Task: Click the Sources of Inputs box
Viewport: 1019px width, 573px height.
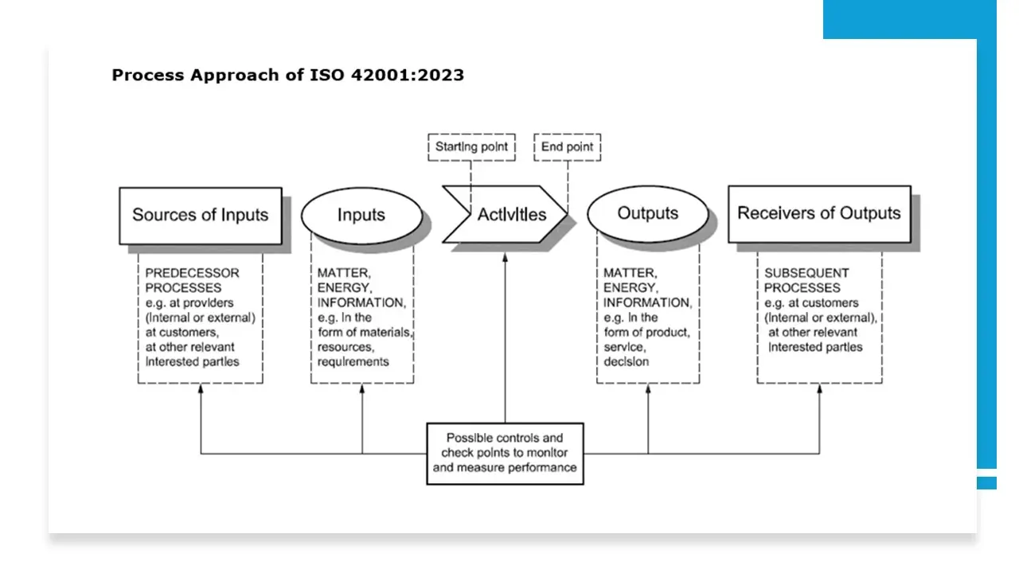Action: [201, 216]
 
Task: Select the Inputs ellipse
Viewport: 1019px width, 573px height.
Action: [361, 216]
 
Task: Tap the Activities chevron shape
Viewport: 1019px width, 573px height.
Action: [505, 214]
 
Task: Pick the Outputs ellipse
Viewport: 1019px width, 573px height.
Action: [648, 214]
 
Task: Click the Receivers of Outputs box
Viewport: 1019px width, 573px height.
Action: [819, 214]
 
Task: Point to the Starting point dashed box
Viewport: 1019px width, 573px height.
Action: [472, 147]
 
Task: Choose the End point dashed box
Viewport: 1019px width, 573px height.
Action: [568, 147]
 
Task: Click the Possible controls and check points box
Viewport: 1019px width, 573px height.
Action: [505, 454]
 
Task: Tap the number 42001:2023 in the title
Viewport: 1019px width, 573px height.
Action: [407, 75]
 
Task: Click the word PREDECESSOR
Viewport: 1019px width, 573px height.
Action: [192, 273]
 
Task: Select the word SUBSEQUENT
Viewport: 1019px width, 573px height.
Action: [806, 273]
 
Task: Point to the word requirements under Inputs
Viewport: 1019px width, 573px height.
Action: [353, 362]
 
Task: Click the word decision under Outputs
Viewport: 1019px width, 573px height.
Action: [626, 362]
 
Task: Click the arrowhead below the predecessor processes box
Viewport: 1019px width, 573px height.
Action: [201, 388]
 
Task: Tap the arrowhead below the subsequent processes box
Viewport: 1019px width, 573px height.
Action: [819, 388]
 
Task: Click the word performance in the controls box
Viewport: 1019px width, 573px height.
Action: [541, 468]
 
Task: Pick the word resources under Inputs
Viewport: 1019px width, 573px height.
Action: [346, 348]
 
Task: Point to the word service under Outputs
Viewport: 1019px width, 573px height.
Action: [625, 348]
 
